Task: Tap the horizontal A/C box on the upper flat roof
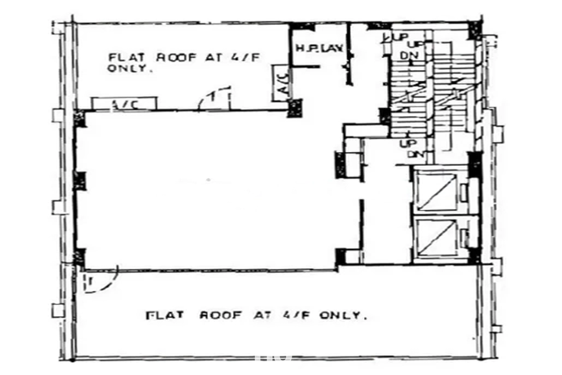[x=124, y=104]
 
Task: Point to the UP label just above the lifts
[x=407, y=143]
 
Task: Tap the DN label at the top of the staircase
[x=408, y=54]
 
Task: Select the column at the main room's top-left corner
[x=79, y=119]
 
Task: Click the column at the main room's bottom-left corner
[x=79, y=256]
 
